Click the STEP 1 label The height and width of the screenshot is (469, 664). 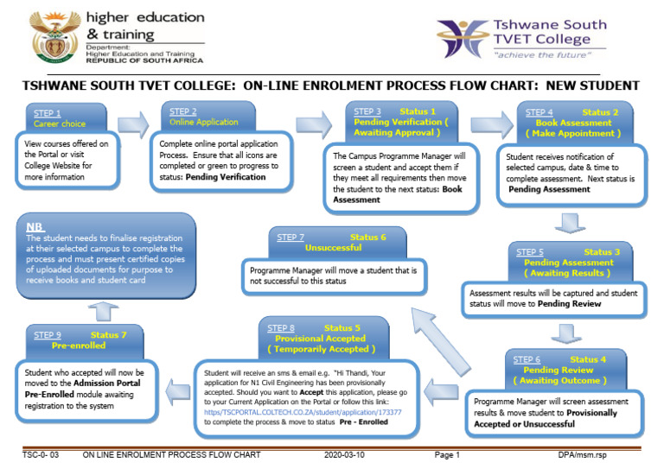click(x=48, y=114)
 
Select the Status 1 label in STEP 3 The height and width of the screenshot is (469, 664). click(x=418, y=111)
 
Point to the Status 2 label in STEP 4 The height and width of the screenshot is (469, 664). click(x=601, y=112)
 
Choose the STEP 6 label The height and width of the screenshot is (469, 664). click(x=527, y=360)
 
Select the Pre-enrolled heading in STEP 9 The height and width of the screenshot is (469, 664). click(x=79, y=345)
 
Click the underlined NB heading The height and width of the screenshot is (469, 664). click(x=35, y=226)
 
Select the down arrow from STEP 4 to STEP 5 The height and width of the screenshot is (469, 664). click(x=567, y=225)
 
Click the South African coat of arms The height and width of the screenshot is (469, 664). click(x=54, y=37)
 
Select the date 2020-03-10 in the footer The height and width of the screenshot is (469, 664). click(x=343, y=454)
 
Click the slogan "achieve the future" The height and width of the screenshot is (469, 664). click(x=537, y=54)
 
